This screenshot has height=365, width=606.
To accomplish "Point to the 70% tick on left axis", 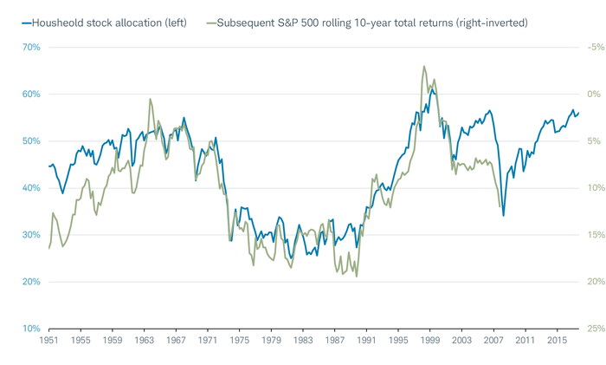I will pyautogui.click(x=30, y=47).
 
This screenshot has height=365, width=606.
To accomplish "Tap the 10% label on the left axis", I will pyautogui.click(x=30, y=329).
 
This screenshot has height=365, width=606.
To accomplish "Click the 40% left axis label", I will pyautogui.click(x=30, y=188).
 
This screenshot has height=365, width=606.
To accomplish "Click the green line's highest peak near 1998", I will pyautogui.click(x=424, y=66).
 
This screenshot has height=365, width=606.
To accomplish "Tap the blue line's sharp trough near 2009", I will pyautogui.click(x=503, y=216).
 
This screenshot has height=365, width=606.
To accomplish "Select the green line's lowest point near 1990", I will pyautogui.click(x=357, y=277).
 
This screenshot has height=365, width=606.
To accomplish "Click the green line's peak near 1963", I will pyautogui.click(x=150, y=99).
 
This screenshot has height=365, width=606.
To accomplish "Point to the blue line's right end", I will pyautogui.click(x=579, y=113).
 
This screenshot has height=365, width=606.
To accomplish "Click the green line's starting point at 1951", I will pyautogui.click(x=48, y=249).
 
